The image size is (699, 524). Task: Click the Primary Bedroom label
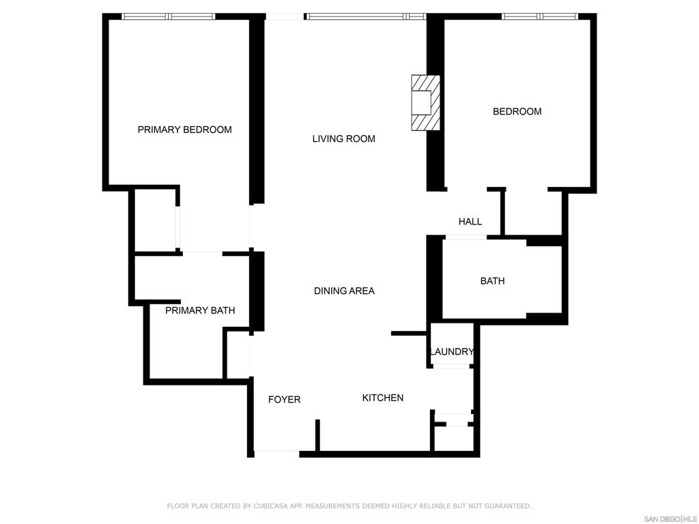[x=184, y=130]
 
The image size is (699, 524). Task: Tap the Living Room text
[x=344, y=139]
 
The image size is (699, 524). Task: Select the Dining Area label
[x=344, y=291]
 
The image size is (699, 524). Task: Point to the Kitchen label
[x=382, y=398]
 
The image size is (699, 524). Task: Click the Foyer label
[x=285, y=399]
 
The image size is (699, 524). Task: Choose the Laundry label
[x=452, y=351]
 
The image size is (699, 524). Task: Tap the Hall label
[x=470, y=222]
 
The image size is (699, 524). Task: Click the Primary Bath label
[x=200, y=310]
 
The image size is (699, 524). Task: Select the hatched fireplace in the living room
[x=426, y=103]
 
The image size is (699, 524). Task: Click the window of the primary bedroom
[x=169, y=16]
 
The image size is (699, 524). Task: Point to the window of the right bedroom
[x=540, y=16]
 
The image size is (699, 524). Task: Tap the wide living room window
[x=365, y=16]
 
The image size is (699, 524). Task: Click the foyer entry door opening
[x=276, y=454]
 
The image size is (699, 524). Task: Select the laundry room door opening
[x=452, y=366]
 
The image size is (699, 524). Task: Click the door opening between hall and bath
[x=466, y=237]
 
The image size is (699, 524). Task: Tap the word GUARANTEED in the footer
[x=508, y=506]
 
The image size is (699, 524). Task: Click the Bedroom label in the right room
[x=517, y=111]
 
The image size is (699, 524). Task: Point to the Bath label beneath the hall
[x=493, y=280]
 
